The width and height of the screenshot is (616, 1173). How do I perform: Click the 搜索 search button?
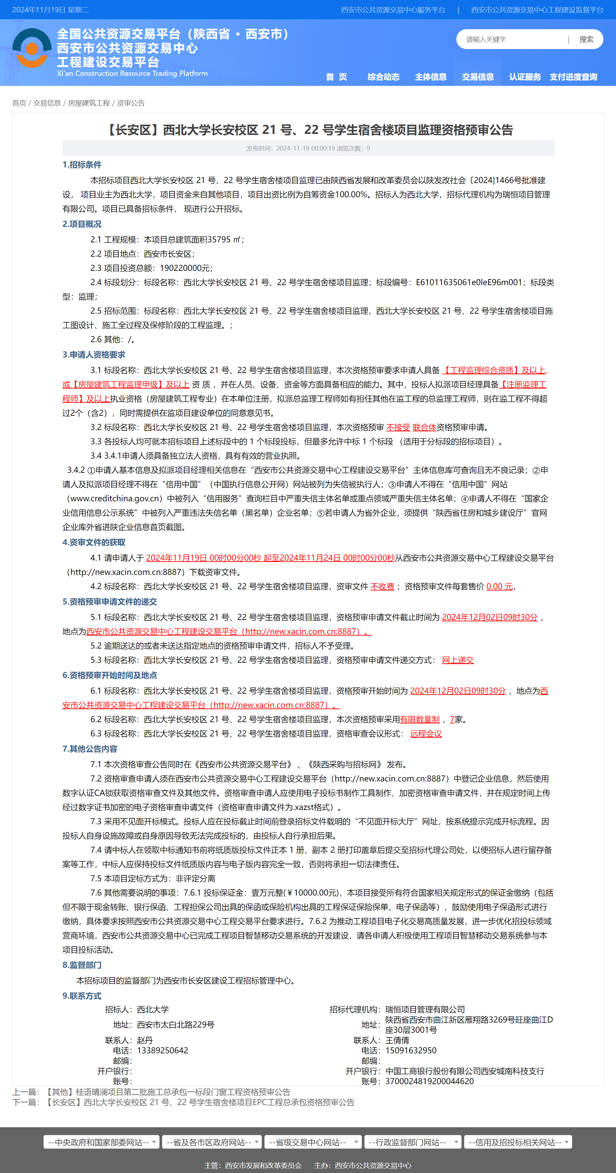click(x=586, y=39)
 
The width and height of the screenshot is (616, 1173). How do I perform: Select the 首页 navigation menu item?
click(x=336, y=77)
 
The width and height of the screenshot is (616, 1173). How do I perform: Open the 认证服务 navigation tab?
click(x=525, y=77)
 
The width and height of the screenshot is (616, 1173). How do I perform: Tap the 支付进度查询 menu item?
click(x=573, y=77)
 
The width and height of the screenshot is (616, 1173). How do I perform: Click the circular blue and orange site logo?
click(x=32, y=48)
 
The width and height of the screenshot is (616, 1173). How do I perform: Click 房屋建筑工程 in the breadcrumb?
click(x=89, y=103)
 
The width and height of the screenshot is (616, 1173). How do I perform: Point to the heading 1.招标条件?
click(x=82, y=165)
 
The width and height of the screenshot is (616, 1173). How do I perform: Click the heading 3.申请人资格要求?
click(x=94, y=355)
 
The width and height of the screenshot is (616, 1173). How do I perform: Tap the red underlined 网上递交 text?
click(x=458, y=660)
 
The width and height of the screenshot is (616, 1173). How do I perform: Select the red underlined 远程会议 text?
click(x=426, y=734)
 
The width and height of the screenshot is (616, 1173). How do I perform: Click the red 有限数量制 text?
click(x=420, y=719)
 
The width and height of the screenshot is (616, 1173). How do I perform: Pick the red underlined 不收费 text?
click(x=382, y=586)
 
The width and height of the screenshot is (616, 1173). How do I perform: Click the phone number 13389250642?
click(x=162, y=1051)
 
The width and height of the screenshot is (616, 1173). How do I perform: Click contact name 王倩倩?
click(x=397, y=1040)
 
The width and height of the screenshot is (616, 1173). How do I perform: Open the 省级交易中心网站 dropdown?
click(x=313, y=1142)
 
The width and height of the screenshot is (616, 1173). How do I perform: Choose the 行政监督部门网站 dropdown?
click(x=413, y=1142)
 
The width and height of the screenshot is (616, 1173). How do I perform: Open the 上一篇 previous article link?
click(x=168, y=1092)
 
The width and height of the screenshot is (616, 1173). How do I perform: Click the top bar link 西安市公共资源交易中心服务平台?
click(x=393, y=10)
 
